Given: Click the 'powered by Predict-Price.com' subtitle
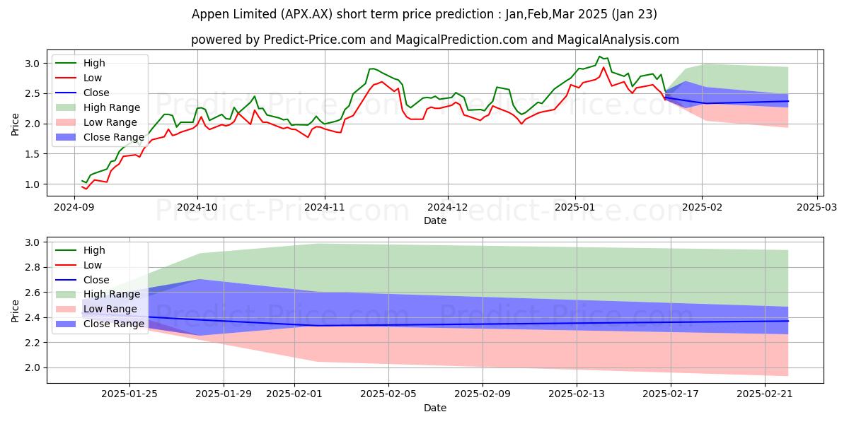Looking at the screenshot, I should click(x=434, y=40).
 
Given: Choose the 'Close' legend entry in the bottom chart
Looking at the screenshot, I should click(x=96, y=280).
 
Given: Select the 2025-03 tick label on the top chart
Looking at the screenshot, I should click(x=817, y=207).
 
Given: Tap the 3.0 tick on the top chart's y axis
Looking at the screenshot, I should click(x=31, y=64).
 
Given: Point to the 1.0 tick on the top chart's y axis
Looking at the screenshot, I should click(x=31, y=184).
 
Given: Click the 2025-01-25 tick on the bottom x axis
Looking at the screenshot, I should click(x=129, y=394).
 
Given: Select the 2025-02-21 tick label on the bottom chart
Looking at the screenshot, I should click(x=766, y=394).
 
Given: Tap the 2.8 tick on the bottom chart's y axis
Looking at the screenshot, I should click(x=31, y=268).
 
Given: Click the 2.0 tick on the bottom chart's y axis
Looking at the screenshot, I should click(x=31, y=367).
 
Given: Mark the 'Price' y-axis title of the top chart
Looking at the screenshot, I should click(x=16, y=124).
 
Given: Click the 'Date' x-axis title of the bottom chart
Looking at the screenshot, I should click(x=434, y=408).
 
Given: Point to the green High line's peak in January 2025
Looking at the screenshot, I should click(x=600, y=57).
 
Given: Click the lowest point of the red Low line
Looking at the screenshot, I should click(x=86, y=189).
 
